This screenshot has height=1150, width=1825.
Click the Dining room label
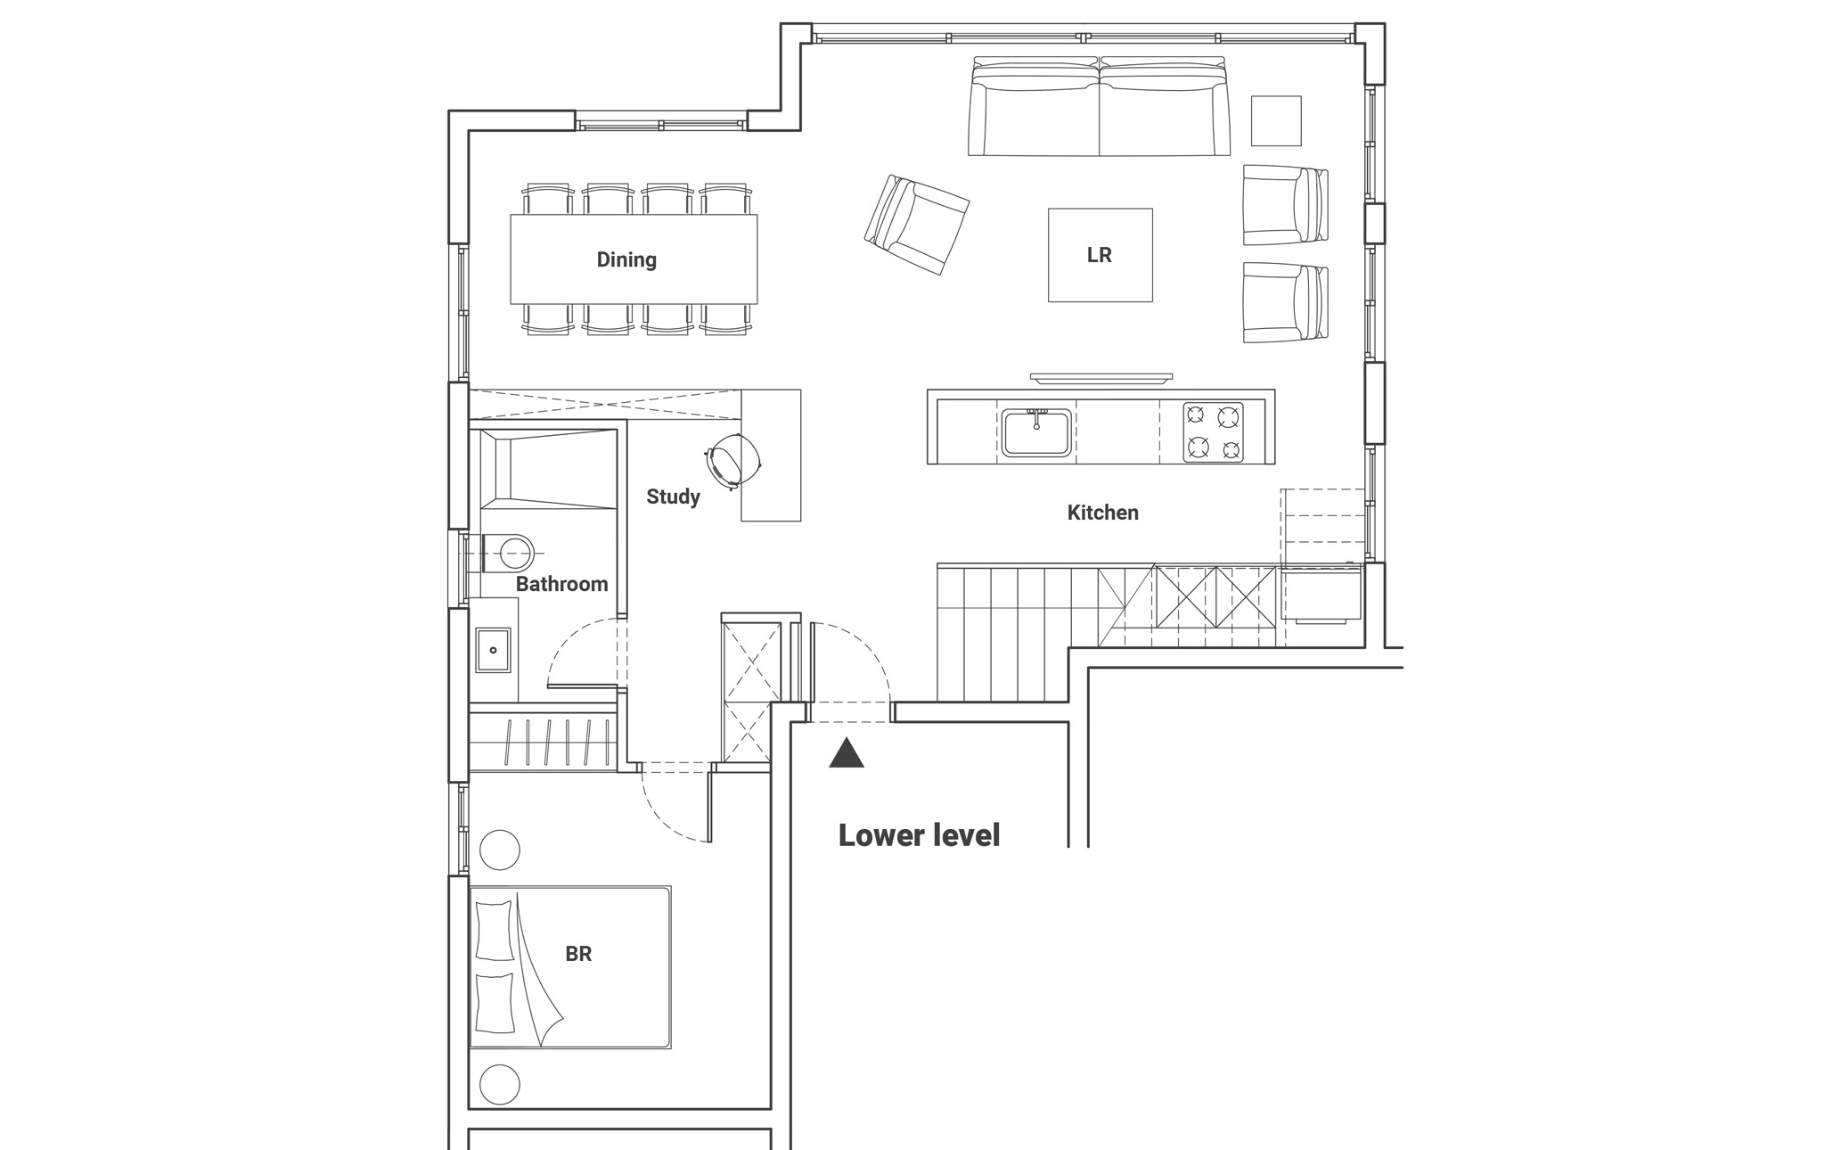tap(626, 259)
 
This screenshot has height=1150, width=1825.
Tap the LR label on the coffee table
tap(1100, 255)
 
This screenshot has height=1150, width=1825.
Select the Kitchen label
tap(1102, 513)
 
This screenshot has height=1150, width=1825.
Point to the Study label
tap(673, 497)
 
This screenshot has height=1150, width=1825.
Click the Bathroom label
tap(561, 584)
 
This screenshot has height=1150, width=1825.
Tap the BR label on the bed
tap(578, 954)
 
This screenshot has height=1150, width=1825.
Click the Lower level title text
tap(919, 835)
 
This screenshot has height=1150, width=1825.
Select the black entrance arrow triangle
tap(847, 753)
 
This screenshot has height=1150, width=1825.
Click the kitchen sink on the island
tap(1036, 432)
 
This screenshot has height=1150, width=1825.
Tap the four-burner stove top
tap(1214, 432)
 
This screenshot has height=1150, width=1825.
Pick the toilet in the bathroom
tap(508, 554)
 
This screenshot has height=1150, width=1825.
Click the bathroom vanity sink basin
tap(493, 649)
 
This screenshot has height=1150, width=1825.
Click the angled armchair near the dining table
tap(917, 224)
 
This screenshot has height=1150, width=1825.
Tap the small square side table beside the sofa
tap(1276, 120)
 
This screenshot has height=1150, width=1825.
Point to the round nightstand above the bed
tap(499, 850)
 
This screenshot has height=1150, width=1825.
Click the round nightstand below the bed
tap(499, 1085)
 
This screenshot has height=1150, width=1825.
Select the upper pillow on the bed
tap(495, 930)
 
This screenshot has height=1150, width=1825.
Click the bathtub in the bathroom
tap(548, 469)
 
